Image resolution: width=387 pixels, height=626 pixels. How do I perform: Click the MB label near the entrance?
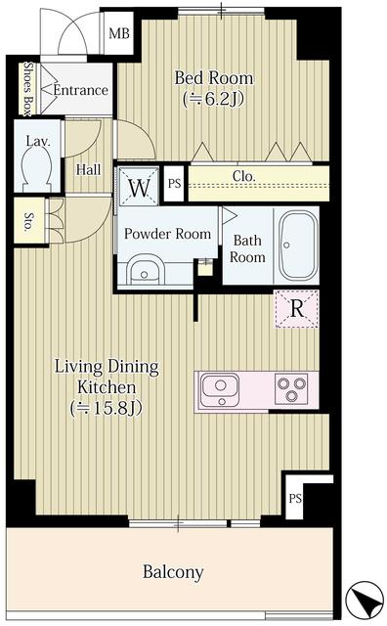tap(119, 34)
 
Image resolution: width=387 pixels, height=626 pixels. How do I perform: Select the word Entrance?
tap(80, 90)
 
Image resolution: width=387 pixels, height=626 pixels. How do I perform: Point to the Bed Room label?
tap(213, 87)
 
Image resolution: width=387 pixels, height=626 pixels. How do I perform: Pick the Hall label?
tap(89, 169)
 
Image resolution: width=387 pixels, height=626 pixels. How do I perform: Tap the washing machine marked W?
tap(139, 186)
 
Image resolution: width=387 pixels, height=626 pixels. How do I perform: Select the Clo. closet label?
tap(244, 177)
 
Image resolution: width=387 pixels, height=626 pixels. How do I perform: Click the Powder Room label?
tap(167, 234)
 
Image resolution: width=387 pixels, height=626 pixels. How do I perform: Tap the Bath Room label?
tap(247, 248)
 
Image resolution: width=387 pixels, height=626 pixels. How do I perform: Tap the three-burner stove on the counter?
tap(291, 391)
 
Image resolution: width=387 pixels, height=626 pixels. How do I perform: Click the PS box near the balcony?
tap(295, 497)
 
